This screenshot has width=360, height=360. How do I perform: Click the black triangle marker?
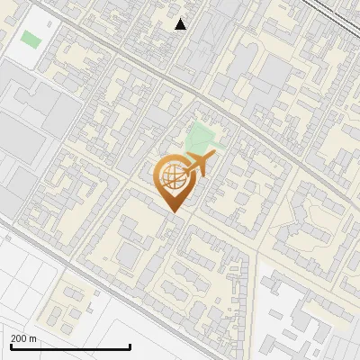coord(181,24)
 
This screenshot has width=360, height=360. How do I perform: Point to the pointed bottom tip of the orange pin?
coord(175,211)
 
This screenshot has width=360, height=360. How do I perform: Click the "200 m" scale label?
coord(23,338)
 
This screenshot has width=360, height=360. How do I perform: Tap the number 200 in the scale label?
coord(19,338)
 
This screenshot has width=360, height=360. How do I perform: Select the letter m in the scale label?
coord(33,339)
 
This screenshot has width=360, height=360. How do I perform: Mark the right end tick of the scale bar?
coord(130,345)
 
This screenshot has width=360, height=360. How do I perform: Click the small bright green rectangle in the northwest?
coord(31,40)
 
